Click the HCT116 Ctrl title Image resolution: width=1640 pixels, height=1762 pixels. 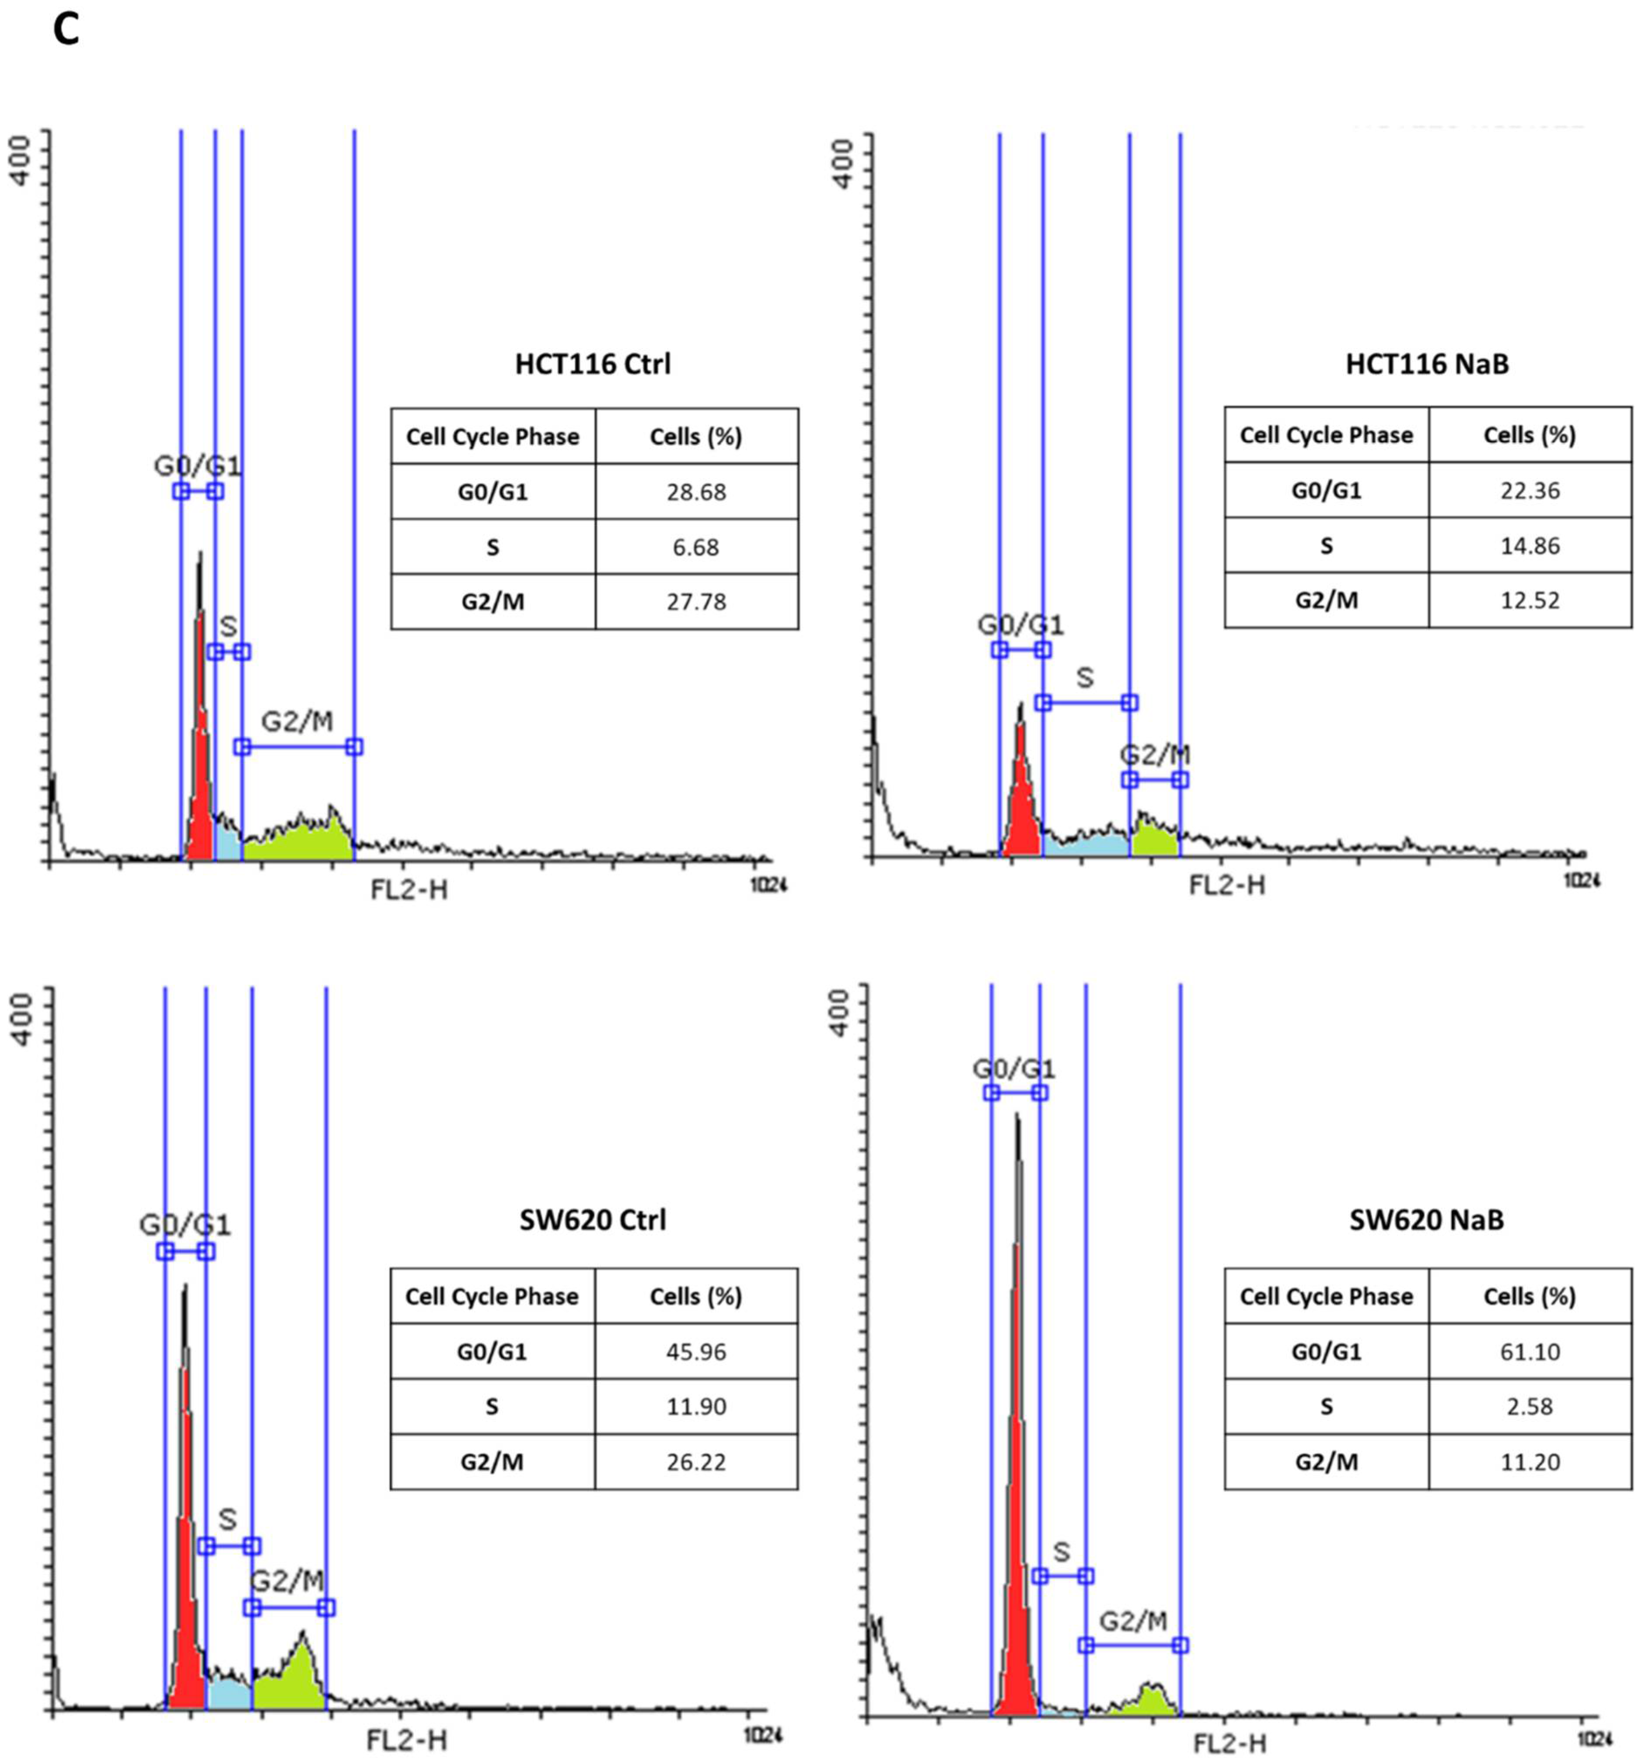click(592, 364)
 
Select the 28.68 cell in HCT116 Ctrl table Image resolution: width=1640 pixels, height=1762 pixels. click(696, 492)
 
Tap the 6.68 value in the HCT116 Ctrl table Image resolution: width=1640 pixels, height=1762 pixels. click(696, 547)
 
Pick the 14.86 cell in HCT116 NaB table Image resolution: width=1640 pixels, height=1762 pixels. click(1529, 545)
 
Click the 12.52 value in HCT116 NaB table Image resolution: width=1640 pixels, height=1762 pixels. click(1529, 600)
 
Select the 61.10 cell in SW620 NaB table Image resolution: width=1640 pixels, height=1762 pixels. click(1529, 1352)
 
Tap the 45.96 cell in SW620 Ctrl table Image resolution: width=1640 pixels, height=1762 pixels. click(696, 1352)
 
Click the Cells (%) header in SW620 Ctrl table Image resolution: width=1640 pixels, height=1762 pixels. click(696, 1296)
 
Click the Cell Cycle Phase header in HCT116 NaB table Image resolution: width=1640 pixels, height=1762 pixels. click(1326, 435)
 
